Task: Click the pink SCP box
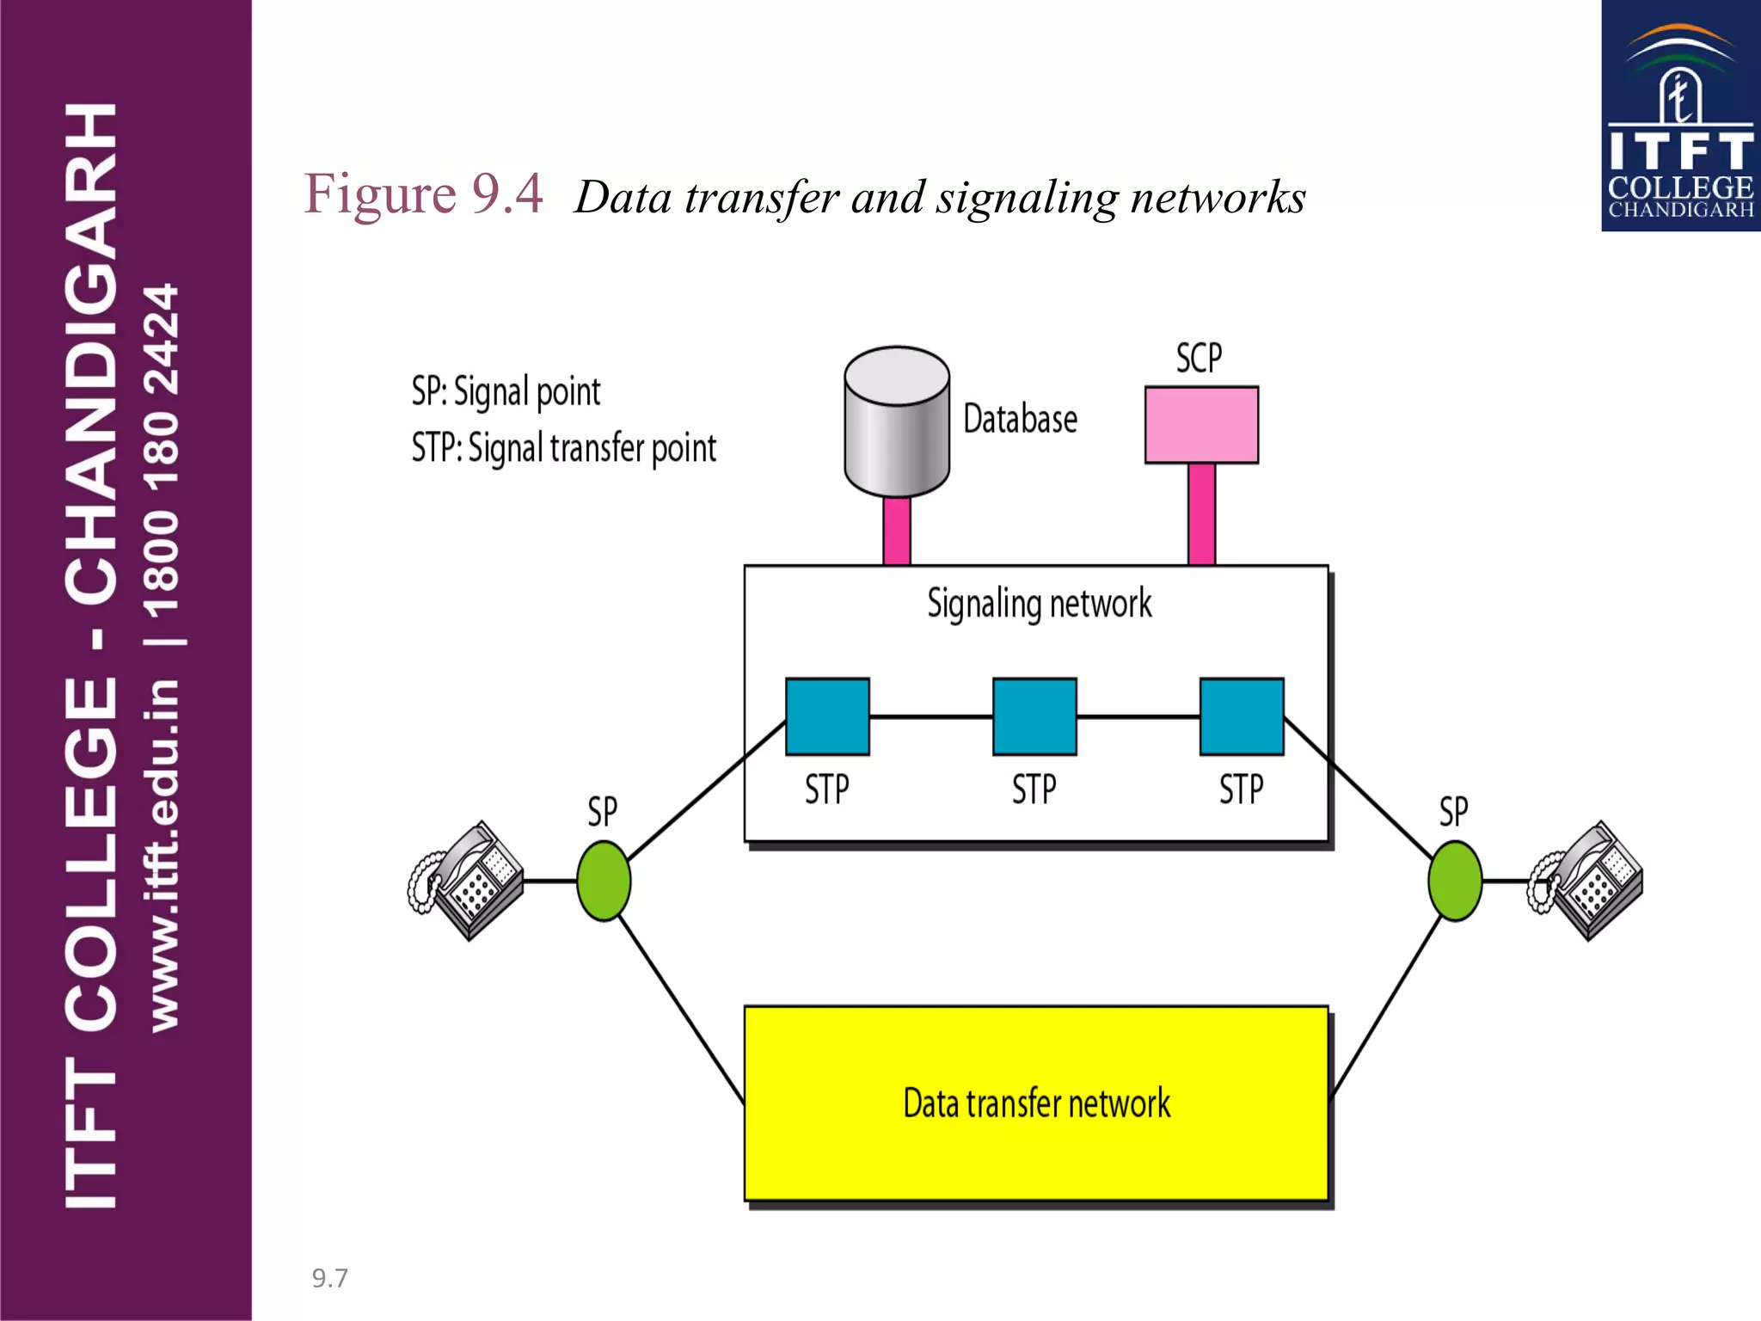pyautogui.click(x=1201, y=425)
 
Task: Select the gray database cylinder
pyautogui.click(x=897, y=421)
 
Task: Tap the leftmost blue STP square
pyautogui.click(x=827, y=716)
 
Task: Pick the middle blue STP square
pyautogui.click(x=1034, y=716)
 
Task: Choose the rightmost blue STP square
pyautogui.click(x=1242, y=716)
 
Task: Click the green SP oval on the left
pyautogui.click(x=604, y=881)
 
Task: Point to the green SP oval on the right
pyautogui.click(x=1455, y=881)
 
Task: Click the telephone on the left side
pyautogui.click(x=467, y=881)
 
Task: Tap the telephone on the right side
pyautogui.click(x=1586, y=881)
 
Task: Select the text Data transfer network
pyautogui.click(x=1036, y=1103)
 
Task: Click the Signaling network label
pyautogui.click(x=1039, y=603)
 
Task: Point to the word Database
pyautogui.click(x=1020, y=420)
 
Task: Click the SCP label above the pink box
pyautogui.click(x=1199, y=358)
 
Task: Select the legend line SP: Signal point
pyautogui.click(x=506, y=392)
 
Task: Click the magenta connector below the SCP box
pyautogui.click(x=1201, y=513)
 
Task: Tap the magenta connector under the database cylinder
pyautogui.click(x=897, y=531)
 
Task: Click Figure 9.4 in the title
pyautogui.click(x=423, y=194)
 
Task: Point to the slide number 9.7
pyautogui.click(x=329, y=1278)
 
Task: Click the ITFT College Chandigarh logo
pyautogui.click(x=1680, y=116)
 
